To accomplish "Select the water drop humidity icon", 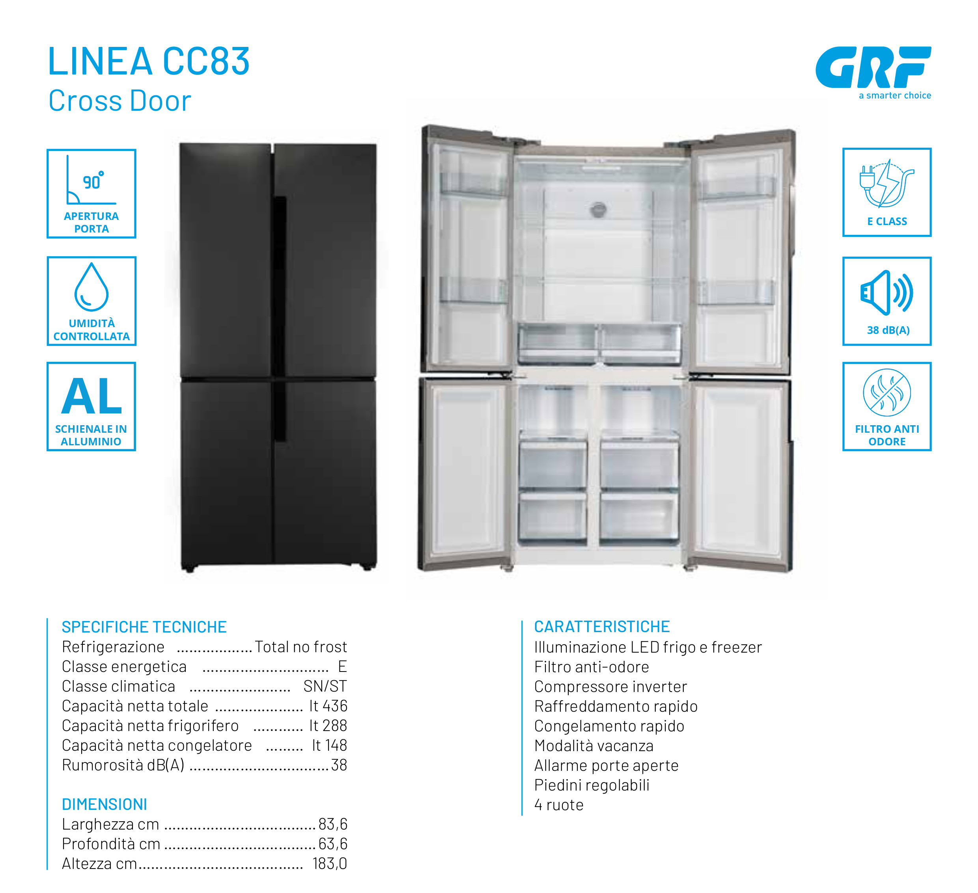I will point(91,287).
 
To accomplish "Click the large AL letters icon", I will point(91,396).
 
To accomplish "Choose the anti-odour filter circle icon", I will point(887,393).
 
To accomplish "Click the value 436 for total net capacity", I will point(336,706).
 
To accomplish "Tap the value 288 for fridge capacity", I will point(336,726).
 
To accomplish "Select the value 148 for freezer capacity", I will point(336,745).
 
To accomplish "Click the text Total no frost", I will point(301,647).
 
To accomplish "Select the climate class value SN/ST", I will point(325,686).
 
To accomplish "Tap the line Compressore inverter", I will point(610,686).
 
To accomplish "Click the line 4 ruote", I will point(559,805).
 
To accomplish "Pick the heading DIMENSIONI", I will point(104,804).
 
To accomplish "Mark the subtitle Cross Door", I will point(120,101).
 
